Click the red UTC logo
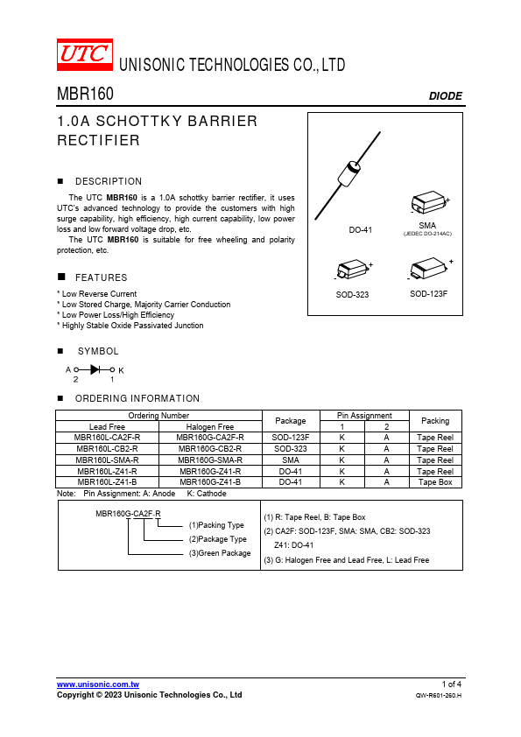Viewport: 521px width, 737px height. [x=85, y=54]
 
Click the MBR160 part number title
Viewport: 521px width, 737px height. [x=85, y=94]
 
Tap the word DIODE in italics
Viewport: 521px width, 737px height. [x=446, y=96]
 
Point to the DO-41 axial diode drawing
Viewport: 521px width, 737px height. [x=348, y=175]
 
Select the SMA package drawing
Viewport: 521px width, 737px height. [x=429, y=202]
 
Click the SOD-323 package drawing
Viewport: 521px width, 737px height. [x=354, y=270]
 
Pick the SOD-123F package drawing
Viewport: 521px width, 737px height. [x=429, y=269]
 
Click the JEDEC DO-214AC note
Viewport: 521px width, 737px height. [x=427, y=234]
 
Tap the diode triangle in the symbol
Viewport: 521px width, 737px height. [x=95, y=370]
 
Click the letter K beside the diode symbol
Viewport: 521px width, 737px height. [x=121, y=370]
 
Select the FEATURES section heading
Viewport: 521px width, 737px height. [x=101, y=277]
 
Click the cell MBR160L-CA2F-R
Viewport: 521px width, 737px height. [x=107, y=437]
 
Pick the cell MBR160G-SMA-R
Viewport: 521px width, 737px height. [x=210, y=460]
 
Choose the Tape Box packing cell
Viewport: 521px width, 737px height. [x=435, y=482]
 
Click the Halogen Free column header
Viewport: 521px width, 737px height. [x=210, y=427]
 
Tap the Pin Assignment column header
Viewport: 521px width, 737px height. [x=364, y=416]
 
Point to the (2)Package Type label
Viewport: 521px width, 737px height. [x=218, y=539]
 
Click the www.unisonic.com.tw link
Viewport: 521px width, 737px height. [x=98, y=684]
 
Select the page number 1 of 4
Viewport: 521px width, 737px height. [x=452, y=684]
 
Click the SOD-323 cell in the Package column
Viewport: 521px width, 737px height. [x=291, y=449]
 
